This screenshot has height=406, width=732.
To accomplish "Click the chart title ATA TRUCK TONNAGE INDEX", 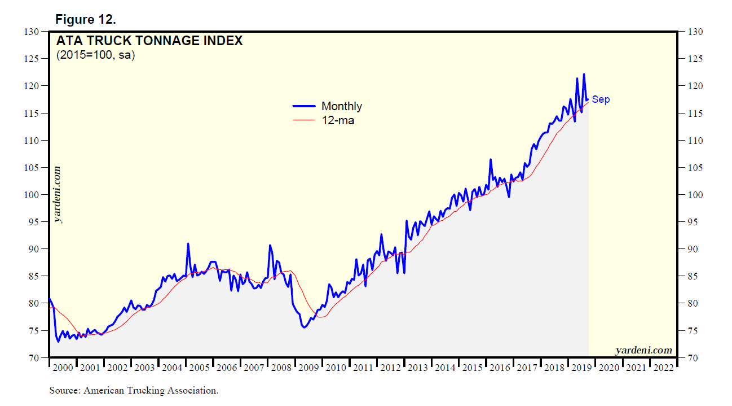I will coord(149,41).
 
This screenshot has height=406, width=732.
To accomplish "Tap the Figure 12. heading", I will coord(85,20).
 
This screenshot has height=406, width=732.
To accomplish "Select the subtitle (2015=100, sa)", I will coord(95,55).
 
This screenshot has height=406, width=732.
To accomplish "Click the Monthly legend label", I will coord(341,106).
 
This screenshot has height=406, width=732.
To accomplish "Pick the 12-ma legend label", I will coord(337,120).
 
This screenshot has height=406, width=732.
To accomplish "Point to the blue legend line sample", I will coord(303,106).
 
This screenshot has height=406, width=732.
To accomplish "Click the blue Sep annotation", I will coord(601,100).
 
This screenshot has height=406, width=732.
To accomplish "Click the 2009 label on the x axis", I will coord(308,368).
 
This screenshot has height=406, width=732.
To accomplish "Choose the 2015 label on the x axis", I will coord(473,368).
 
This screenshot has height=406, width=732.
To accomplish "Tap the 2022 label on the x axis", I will coord(663,368).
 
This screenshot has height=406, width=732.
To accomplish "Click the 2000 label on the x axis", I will coord(63,368).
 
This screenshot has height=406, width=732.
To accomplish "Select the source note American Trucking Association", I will coord(134,390).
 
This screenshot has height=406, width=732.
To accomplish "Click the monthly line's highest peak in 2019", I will coord(584,74).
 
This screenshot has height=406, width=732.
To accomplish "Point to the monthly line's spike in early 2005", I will coord(188,244).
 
